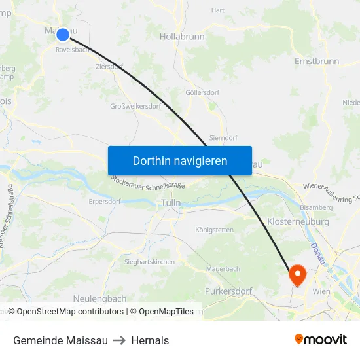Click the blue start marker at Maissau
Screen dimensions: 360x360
coord(62,35)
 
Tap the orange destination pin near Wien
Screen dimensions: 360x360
coord(297,274)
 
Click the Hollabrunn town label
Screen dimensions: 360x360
coord(182,37)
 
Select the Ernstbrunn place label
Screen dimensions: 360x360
coord(317,61)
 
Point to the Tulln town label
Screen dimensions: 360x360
coord(171,204)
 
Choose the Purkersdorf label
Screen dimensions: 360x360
coord(228,290)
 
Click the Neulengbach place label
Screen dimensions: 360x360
coord(99,298)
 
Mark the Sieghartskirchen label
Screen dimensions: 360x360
coord(149,262)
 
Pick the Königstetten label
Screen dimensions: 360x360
coord(214,230)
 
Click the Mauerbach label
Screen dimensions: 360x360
coord(223,269)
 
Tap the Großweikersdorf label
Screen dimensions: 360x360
coord(135,106)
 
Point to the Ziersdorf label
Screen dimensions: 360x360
coord(109,67)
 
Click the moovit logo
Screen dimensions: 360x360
coord(321,340)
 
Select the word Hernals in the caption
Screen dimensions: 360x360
coord(150,340)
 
